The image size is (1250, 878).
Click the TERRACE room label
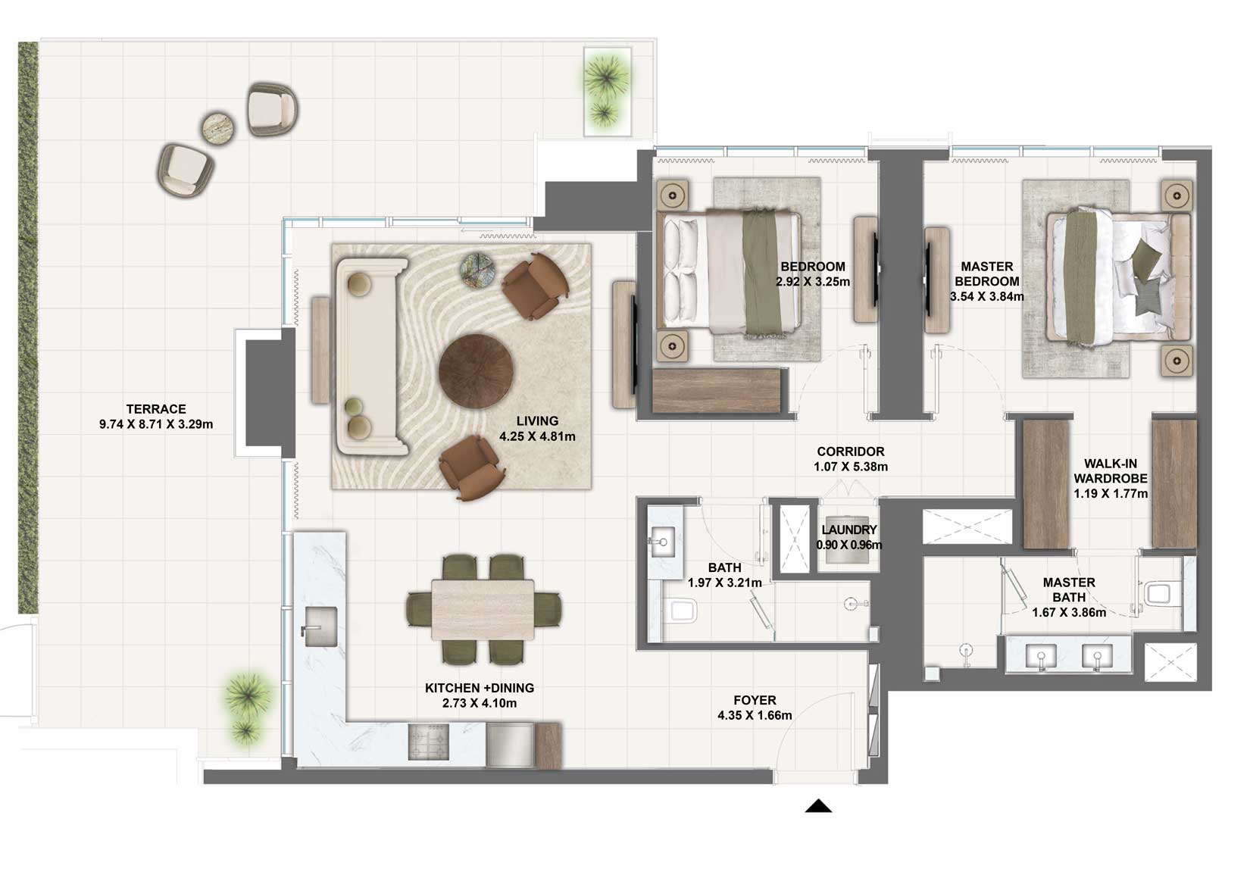tap(155, 409)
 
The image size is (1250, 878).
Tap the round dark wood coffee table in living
tap(476, 371)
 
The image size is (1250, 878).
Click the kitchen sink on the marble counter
tap(320, 626)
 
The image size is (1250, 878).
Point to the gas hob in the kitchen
tap(428, 742)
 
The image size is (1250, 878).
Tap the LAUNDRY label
tap(848, 530)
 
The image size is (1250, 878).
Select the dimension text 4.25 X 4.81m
tap(537, 436)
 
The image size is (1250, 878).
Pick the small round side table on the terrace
tap(220, 128)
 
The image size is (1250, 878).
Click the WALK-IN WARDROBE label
tap(1110, 470)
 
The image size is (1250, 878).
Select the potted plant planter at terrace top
tap(607, 92)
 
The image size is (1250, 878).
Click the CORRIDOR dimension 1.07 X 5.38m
tap(851, 467)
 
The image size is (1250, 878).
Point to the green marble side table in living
tap(478, 270)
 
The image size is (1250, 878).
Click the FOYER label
tap(755, 701)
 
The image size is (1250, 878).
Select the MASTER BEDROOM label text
tap(986, 273)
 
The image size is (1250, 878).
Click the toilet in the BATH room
tap(680, 610)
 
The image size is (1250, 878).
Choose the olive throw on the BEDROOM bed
tap(761, 273)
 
